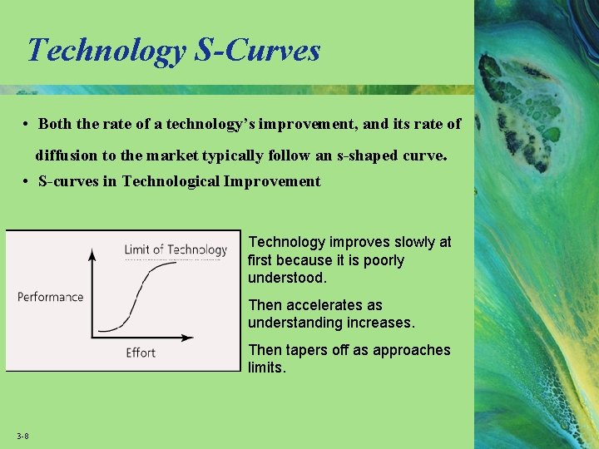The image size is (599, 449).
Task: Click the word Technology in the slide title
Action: pyautogui.click(x=106, y=51)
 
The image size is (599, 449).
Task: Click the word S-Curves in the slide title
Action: pyautogui.click(x=257, y=51)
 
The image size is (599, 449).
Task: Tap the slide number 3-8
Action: pyautogui.click(x=22, y=437)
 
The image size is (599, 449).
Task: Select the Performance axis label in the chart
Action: pyautogui.click(x=51, y=297)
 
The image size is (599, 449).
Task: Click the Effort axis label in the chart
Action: pyautogui.click(x=141, y=353)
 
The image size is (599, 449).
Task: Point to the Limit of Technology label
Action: pyautogui.click(x=176, y=249)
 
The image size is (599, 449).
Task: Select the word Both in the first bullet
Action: pyautogui.click(x=55, y=124)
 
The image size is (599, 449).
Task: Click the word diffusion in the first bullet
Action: pyautogui.click(x=65, y=155)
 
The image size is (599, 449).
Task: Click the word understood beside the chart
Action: pyautogui.click(x=286, y=278)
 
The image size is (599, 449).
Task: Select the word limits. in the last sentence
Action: pyautogui.click(x=266, y=368)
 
